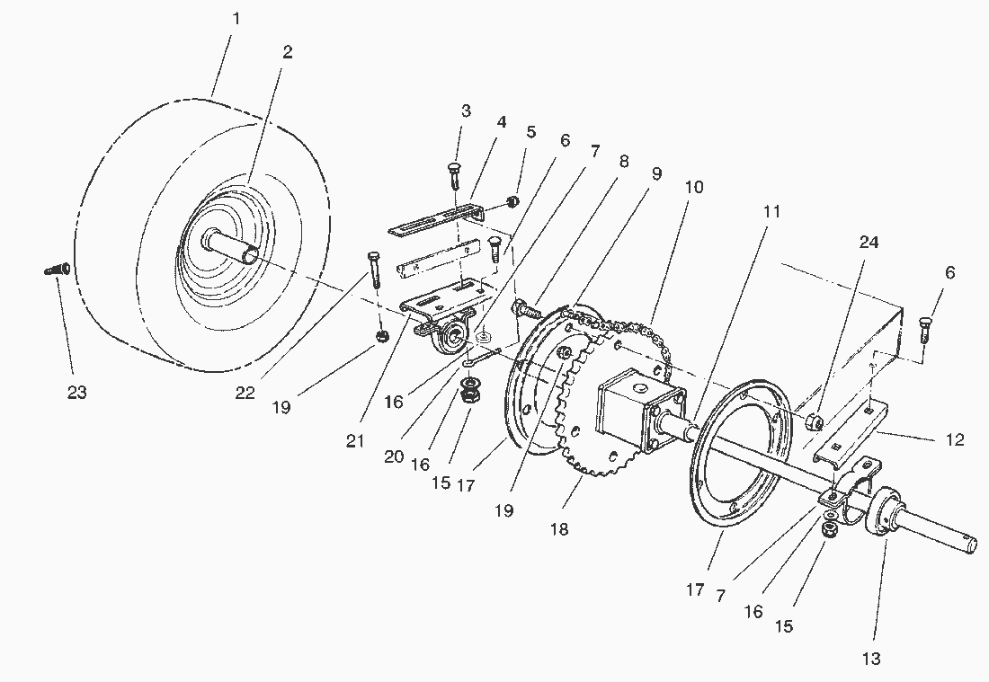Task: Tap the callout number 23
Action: click(x=77, y=392)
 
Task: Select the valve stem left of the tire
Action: click(x=56, y=269)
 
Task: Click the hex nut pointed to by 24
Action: click(x=814, y=421)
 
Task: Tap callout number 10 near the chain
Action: click(x=693, y=187)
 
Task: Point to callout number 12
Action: click(x=955, y=440)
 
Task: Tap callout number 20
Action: click(x=392, y=456)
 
